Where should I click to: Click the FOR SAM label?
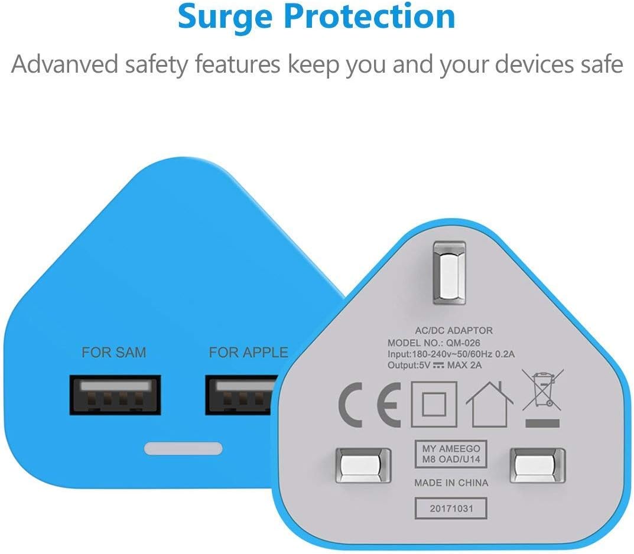[113, 353]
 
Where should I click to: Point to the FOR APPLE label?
[248, 353]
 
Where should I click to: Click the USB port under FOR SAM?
[115, 395]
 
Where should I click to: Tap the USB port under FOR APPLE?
[241, 395]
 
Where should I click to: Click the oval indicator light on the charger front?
[183, 448]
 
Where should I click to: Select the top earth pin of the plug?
[449, 273]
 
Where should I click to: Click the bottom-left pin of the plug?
[363, 465]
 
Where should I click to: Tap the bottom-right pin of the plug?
[537, 465]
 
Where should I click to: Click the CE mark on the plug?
[369, 405]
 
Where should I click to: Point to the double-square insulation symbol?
[434, 404]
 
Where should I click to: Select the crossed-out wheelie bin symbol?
[542, 397]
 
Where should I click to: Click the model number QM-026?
[463, 343]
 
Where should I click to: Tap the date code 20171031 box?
[451, 509]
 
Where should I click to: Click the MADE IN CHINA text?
[451, 483]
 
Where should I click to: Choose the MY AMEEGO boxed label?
[451, 454]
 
